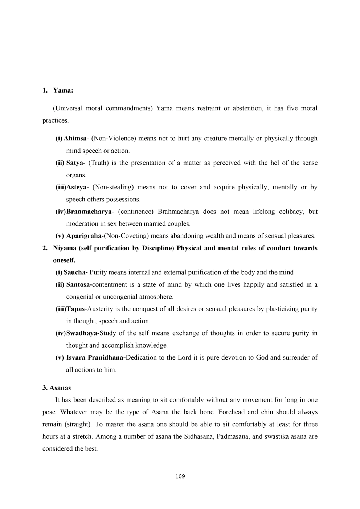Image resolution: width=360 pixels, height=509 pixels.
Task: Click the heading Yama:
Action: coord(63,90)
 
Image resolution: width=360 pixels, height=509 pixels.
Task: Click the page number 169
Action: coord(180,476)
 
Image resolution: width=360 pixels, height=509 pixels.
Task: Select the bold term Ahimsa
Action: coord(75,139)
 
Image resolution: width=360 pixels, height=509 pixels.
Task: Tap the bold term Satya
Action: coord(75,163)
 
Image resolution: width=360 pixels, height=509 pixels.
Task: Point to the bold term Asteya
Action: coord(77,187)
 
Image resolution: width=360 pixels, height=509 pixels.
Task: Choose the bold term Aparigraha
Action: coord(84,236)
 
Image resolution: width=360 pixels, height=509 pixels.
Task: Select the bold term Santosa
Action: coord(78,285)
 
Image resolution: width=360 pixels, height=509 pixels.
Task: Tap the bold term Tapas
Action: coord(75,309)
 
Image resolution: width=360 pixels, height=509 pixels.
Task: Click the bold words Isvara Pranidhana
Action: coord(95,358)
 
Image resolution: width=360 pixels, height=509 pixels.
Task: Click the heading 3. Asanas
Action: coord(57,388)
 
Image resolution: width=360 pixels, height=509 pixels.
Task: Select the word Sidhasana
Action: coord(199,436)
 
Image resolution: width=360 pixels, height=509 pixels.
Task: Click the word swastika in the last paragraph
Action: coord(277,436)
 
